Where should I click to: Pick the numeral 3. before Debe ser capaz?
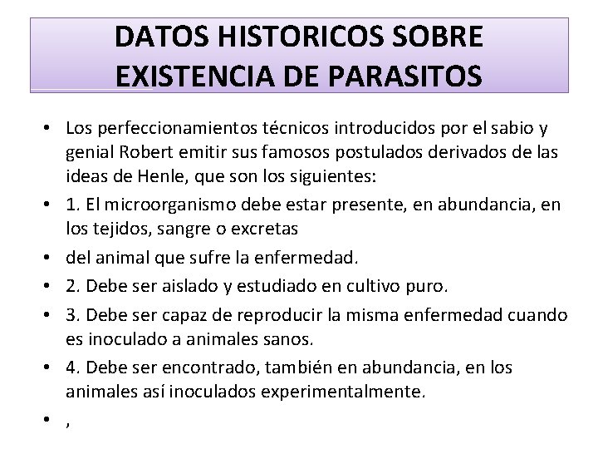(x=73, y=314)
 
